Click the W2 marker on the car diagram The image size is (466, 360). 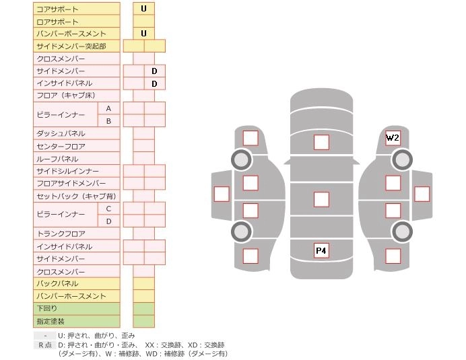point(393,138)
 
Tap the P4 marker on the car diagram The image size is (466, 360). point(321,251)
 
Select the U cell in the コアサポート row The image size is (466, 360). point(143,9)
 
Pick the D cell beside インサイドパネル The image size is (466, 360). point(154,83)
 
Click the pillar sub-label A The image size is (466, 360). point(108,108)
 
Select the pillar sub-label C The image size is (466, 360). point(108,209)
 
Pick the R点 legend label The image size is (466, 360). point(44,345)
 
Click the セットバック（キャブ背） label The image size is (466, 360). point(76,196)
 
